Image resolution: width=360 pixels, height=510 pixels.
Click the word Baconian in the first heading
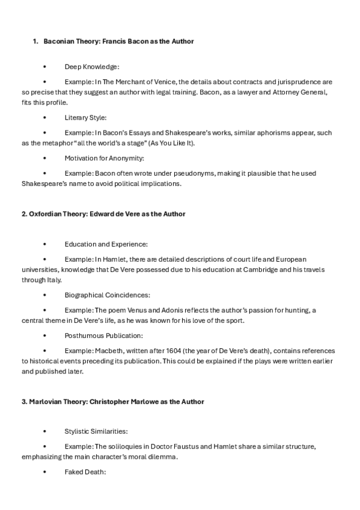pyautogui.click(x=59, y=41)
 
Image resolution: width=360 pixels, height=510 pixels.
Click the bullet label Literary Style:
pyautogui.click(x=85, y=117)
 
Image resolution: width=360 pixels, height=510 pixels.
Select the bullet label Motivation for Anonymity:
pyautogui.click(x=104, y=158)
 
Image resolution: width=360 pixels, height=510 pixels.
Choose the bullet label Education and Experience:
pyautogui.click(x=106, y=245)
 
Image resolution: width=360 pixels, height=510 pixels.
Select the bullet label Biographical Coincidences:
pyautogui.click(x=108, y=295)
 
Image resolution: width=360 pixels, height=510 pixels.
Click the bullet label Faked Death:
pyautogui.click(x=85, y=472)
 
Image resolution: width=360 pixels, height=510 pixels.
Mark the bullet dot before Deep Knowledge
pyautogui.click(x=44, y=67)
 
